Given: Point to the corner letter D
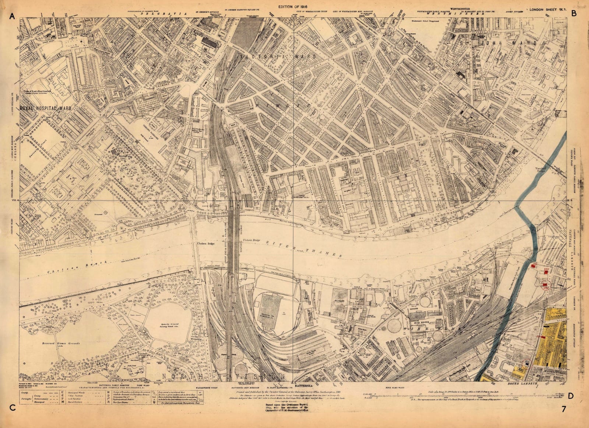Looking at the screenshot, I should pos(571,406).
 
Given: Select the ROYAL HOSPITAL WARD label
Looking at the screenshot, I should pos(44,108).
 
